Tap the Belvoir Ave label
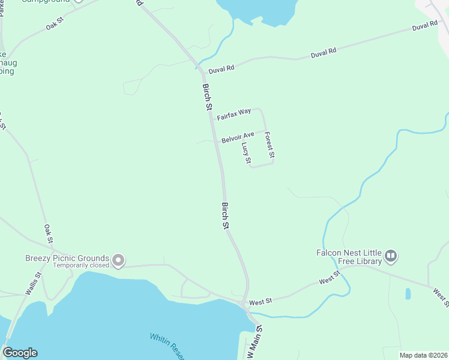[238, 138]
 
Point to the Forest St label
[270, 145]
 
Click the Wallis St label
[34, 284]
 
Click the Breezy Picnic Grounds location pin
[118, 260]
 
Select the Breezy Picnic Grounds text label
[67, 258]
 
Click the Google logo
[20, 353]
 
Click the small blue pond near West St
[408, 294]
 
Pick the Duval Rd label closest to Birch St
[221, 70]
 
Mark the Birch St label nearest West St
[226, 216]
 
